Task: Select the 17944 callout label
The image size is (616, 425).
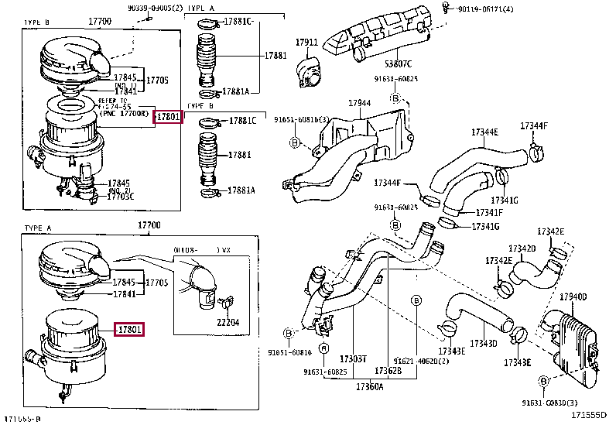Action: tap(358, 103)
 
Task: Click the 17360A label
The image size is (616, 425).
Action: tap(370, 385)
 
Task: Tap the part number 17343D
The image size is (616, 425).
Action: tap(484, 343)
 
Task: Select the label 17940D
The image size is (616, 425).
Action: tap(573, 296)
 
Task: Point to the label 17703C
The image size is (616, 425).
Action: tap(121, 196)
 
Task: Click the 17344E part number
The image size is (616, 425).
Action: tap(485, 132)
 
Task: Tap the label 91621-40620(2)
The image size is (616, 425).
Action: tap(420, 361)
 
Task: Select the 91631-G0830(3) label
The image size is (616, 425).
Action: tap(549, 403)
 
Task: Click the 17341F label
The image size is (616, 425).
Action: tap(489, 213)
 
